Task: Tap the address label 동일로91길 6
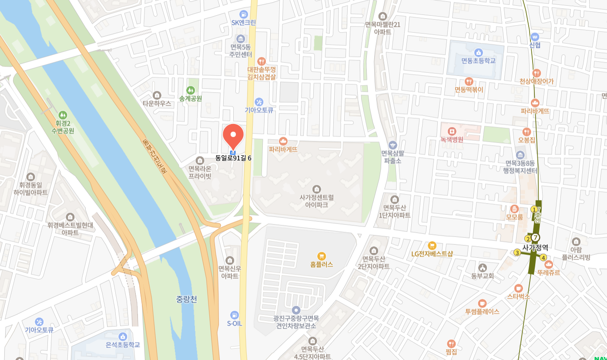pyautogui.click(x=233, y=158)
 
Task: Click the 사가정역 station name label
pyautogui.click(x=535, y=248)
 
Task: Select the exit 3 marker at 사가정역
pyautogui.click(x=517, y=253)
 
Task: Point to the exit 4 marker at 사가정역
pyautogui.click(x=543, y=257)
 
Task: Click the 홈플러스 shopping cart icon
pyautogui.click(x=322, y=256)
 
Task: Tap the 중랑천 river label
pyautogui.click(x=187, y=299)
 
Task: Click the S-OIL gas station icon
pyautogui.click(x=235, y=315)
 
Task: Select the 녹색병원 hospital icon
pyautogui.click(x=452, y=131)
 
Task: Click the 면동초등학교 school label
pyautogui.click(x=478, y=61)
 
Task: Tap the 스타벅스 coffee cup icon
pyautogui.click(x=518, y=288)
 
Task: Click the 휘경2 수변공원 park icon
pyautogui.click(x=63, y=115)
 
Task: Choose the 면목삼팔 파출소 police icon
pyautogui.click(x=393, y=145)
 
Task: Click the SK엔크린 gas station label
pyautogui.click(x=244, y=23)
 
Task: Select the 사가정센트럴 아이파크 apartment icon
pyautogui.click(x=316, y=189)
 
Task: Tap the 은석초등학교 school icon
pyautogui.click(x=123, y=336)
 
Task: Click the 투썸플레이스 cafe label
pyautogui.click(x=482, y=312)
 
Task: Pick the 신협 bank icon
pyautogui.click(x=535, y=37)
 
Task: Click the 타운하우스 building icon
pyautogui.click(x=157, y=95)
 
